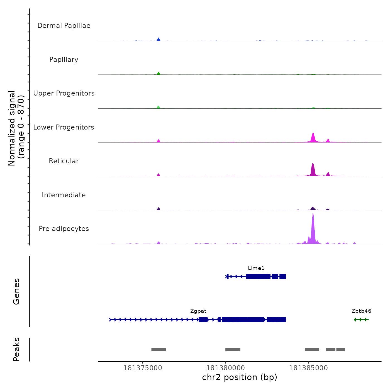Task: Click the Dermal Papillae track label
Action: pyautogui.click(x=64, y=26)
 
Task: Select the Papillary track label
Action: pyautogui.click(x=64, y=60)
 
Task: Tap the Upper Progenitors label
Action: pyautogui.click(x=64, y=93)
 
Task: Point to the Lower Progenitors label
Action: pyautogui.click(x=64, y=127)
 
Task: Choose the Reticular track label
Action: pyautogui.click(x=64, y=161)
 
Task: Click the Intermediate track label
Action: pyautogui.click(x=64, y=195)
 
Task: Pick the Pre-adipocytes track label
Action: pyautogui.click(x=64, y=229)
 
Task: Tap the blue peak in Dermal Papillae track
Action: pyautogui.click(x=159, y=40)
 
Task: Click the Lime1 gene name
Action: pyautogui.click(x=256, y=268)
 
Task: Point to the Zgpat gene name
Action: pyautogui.click(x=198, y=311)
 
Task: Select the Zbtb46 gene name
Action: pyautogui.click(x=361, y=311)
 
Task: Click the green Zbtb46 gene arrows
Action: pyautogui.click(x=361, y=320)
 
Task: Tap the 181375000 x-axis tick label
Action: pyautogui.click(x=143, y=368)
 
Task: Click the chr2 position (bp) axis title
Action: pyautogui.click(x=240, y=377)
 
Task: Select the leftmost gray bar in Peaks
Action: pyautogui.click(x=159, y=350)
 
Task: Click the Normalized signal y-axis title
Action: pyautogui.click(x=16, y=128)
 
